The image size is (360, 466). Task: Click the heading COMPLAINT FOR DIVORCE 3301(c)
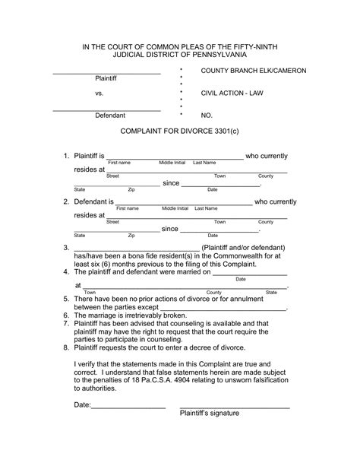pos(179,132)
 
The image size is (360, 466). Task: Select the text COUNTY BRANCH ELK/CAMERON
pos(253,71)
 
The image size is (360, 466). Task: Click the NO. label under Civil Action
pos(207,116)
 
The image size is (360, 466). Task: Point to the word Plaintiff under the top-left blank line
pos(109,78)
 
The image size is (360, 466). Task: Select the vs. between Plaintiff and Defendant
pos(99,93)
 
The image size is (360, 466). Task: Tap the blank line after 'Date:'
pos(128,406)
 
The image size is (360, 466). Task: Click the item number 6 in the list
pos(66,315)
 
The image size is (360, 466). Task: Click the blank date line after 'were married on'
pos(238,274)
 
